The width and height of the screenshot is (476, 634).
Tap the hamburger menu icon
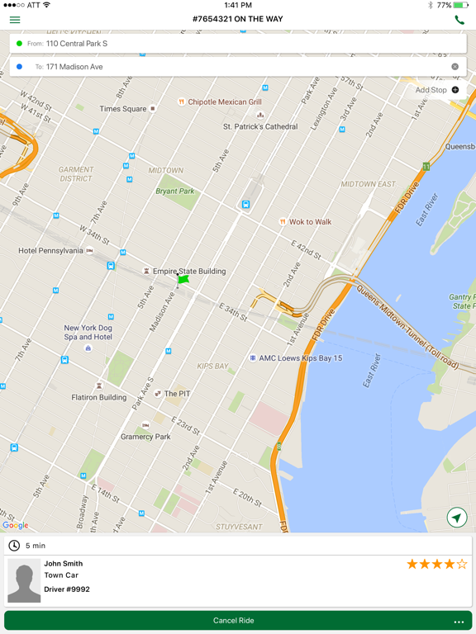tap(15, 19)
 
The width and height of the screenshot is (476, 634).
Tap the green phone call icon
tap(459, 19)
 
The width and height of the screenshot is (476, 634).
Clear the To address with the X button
tap(455, 67)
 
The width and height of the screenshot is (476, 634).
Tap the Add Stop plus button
tap(455, 90)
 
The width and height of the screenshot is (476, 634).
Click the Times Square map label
tap(123, 109)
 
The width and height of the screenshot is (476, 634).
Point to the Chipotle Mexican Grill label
tap(224, 102)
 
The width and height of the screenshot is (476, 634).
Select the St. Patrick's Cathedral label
tap(260, 126)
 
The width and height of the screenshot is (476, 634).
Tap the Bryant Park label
tap(175, 192)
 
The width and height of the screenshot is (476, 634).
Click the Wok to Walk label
tap(310, 221)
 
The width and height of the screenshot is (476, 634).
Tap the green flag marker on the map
tap(183, 280)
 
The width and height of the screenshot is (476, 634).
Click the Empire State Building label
tap(188, 271)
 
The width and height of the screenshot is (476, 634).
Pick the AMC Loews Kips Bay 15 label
tap(300, 358)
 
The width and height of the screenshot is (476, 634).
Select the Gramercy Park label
tap(145, 437)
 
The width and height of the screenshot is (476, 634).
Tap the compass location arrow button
tap(456, 518)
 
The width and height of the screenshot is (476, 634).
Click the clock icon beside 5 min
tap(14, 546)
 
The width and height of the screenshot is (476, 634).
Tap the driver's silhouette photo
tap(24, 581)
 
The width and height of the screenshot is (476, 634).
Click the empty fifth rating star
tap(462, 565)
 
